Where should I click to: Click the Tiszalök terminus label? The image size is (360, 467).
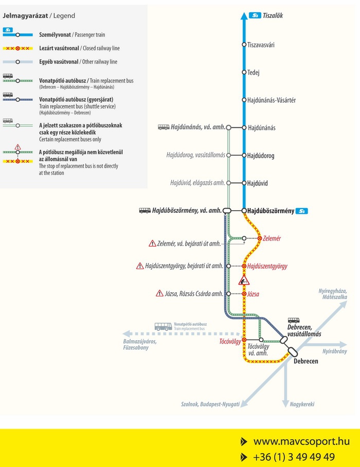point(273,16)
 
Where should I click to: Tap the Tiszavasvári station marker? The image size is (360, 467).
point(244,45)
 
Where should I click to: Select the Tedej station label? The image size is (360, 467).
point(254,72)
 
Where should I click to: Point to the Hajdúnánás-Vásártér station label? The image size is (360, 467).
point(272,100)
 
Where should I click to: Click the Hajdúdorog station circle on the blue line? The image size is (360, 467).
point(244,155)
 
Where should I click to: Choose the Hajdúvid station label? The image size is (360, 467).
point(257,183)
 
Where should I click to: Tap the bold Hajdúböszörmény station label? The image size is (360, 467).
point(271,211)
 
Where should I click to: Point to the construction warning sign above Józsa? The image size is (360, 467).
point(244,281)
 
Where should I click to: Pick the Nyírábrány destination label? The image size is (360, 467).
point(334,351)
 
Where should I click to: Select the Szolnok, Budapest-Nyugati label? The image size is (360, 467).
point(210,404)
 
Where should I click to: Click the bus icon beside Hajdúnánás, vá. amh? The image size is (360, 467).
point(163,127)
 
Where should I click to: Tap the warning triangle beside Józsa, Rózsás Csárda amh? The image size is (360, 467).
point(159,293)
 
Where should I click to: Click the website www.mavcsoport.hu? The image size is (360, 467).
point(301,441)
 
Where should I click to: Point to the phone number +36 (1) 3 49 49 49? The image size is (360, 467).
point(294,457)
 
